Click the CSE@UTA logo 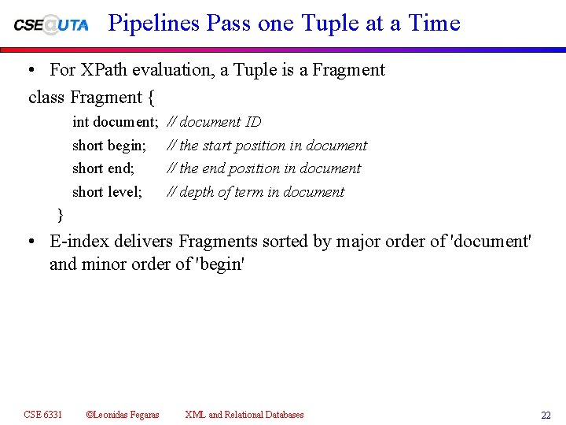click(x=51, y=24)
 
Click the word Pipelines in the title click(x=154, y=24)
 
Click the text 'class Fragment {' click(x=91, y=98)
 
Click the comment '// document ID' click(x=215, y=122)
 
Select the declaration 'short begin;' click(x=109, y=146)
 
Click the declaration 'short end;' click(x=104, y=168)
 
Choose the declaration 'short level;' click(x=108, y=192)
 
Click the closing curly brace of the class click(x=61, y=214)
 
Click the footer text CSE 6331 click(x=43, y=415)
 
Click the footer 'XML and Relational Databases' click(x=244, y=415)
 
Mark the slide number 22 click(x=546, y=416)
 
